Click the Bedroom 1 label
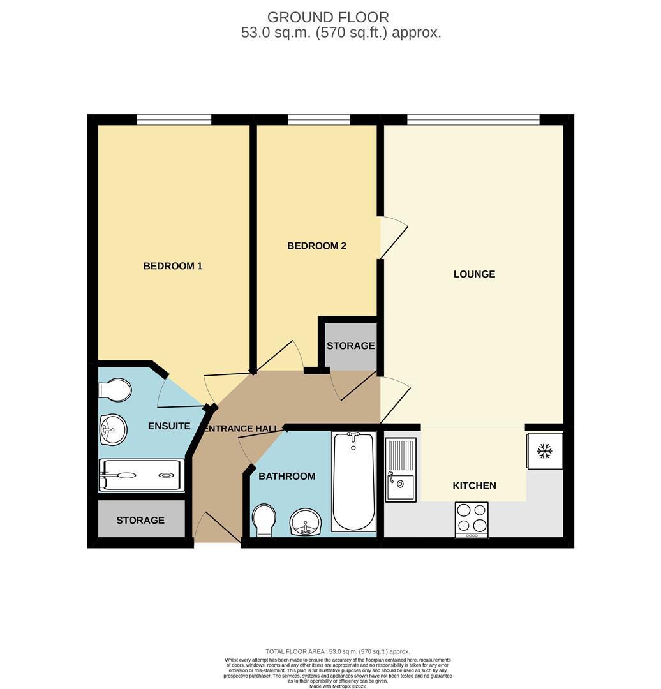click(172, 266)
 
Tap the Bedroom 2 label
click(316, 246)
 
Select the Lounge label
click(474, 274)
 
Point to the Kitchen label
click(474, 485)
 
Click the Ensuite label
click(169, 426)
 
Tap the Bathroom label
click(286, 476)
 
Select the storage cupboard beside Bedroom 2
click(350, 346)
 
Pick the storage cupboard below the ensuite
click(140, 521)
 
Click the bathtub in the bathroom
click(353, 480)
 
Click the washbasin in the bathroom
click(306, 522)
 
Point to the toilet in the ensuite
click(115, 390)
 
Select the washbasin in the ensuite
click(114, 429)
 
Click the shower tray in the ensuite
click(142, 475)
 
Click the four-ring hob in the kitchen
click(472, 519)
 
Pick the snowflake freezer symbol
click(544, 451)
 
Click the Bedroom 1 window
click(174, 119)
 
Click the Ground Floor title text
click(328, 17)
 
